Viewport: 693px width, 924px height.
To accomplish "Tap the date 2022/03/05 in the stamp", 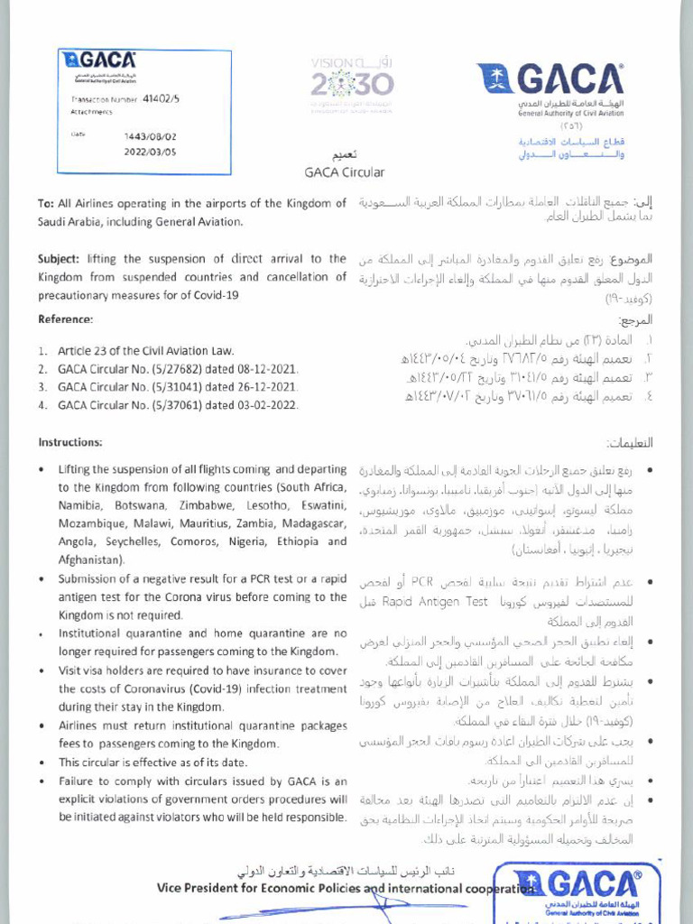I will coord(151,152).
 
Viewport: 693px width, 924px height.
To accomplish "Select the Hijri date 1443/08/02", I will coord(151,137).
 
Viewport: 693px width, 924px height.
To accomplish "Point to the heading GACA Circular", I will coord(346,171).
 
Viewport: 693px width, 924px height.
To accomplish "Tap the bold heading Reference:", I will coord(65,319).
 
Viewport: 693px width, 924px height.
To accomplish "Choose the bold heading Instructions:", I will coord(70,442).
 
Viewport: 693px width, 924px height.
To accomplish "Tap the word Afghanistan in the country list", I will coord(90,559).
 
